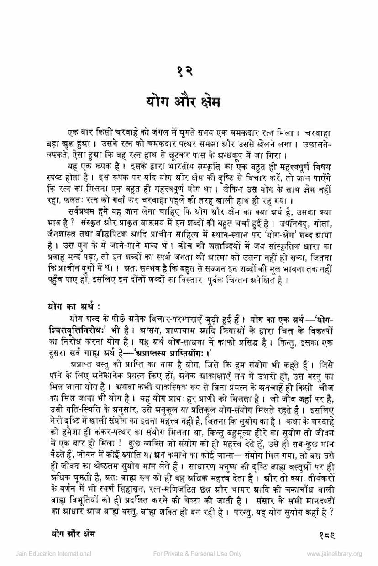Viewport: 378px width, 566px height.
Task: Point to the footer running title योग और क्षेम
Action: [x=74, y=533]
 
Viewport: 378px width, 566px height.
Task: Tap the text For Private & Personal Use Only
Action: [x=197, y=554]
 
